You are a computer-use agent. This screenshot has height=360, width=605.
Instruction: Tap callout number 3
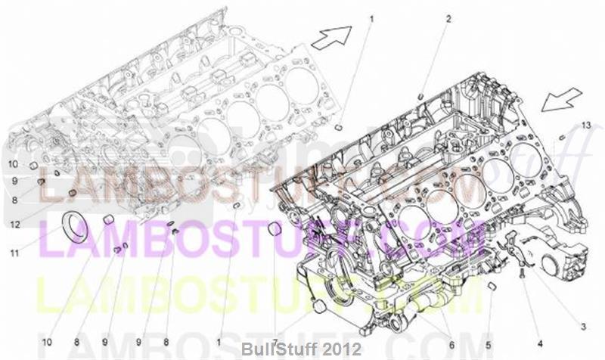(583, 326)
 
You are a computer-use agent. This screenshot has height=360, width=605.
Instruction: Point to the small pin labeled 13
(563, 137)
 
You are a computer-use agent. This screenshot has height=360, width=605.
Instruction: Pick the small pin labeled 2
(420, 95)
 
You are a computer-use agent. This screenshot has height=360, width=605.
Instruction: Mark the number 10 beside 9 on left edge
(14, 164)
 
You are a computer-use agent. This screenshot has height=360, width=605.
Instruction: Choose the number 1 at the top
(371, 17)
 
